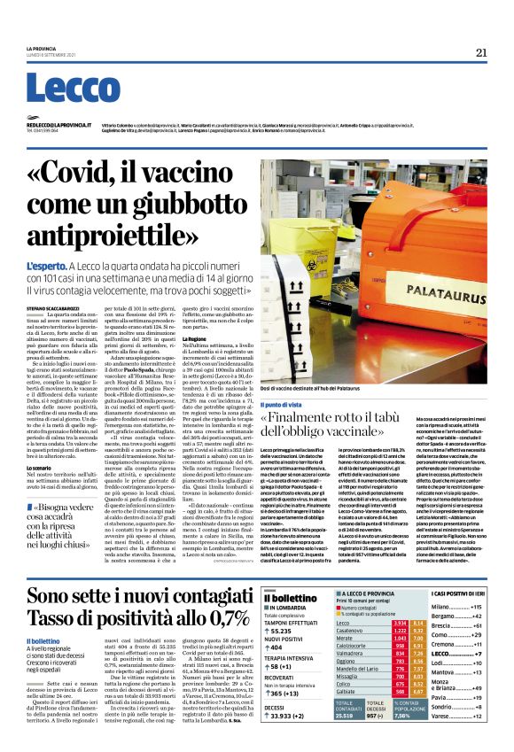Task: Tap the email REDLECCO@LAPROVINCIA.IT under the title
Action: click(x=52, y=125)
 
